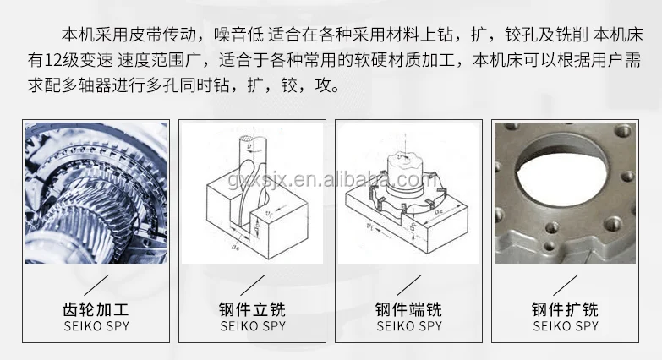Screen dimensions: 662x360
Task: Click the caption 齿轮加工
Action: (x=96, y=309)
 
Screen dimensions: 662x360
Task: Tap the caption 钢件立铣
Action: (x=253, y=309)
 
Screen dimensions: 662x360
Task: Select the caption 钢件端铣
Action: (x=408, y=309)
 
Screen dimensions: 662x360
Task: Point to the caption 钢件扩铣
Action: (x=565, y=309)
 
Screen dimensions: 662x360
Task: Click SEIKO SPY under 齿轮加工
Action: (x=96, y=326)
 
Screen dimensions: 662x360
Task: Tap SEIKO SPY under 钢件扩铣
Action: (x=566, y=326)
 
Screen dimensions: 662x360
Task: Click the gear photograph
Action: (x=96, y=193)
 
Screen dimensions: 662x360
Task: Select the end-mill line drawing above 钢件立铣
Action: (x=253, y=193)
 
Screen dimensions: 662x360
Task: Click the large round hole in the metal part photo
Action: (x=561, y=173)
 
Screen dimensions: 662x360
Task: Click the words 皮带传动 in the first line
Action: (x=162, y=35)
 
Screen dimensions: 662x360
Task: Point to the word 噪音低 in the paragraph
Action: (x=238, y=35)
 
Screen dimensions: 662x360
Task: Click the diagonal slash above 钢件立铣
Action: (x=253, y=286)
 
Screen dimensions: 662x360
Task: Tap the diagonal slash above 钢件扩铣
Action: (x=566, y=286)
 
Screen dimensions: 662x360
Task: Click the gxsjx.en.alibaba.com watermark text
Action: (x=331, y=179)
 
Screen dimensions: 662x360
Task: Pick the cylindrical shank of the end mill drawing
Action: (x=254, y=152)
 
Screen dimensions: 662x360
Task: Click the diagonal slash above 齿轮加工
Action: (x=96, y=286)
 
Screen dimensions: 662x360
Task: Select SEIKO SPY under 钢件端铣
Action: (x=409, y=326)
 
